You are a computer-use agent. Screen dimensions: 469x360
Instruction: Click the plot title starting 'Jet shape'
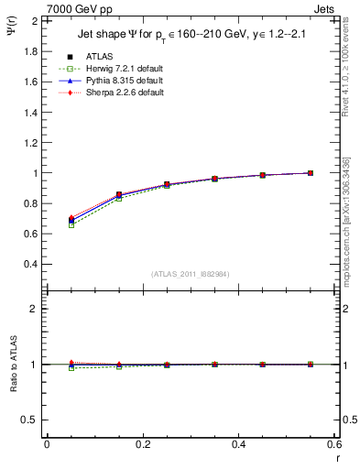191,37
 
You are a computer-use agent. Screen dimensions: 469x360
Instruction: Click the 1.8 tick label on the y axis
30,51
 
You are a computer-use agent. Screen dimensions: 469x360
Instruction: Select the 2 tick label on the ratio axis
35,309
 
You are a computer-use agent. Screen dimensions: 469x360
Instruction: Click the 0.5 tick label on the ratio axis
30,420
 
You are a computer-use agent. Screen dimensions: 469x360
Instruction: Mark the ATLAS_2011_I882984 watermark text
191,274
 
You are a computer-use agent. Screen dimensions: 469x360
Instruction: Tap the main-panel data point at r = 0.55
311,172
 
